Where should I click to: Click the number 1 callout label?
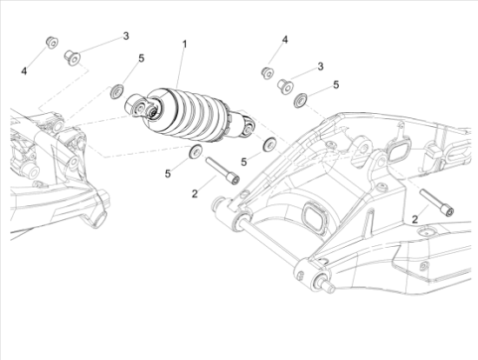pos(184,44)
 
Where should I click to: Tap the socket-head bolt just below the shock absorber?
pos(222,170)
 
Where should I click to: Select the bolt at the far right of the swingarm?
pos(437,203)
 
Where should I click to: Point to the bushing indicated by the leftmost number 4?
pos(52,43)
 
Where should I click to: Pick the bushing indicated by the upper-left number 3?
pos(72,58)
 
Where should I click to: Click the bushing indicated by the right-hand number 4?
pos(268,72)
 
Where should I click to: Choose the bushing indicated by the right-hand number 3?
pos(285,86)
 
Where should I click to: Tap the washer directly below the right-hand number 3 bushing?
pos(301,100)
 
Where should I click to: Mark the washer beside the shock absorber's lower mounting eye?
pos(269,144)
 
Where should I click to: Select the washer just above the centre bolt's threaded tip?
pos(195,151)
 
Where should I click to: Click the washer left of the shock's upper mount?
pos(116,91)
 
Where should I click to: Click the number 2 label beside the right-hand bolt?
pos(415,219)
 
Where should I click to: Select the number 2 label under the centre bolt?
pos(195,193)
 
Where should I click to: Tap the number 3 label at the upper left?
pos(126,36)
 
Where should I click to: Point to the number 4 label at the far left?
pos(24,71)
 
